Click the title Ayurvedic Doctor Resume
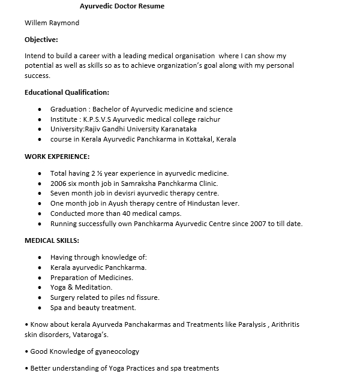coord(122,7)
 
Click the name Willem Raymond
coord(52,23)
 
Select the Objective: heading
coord(41,40)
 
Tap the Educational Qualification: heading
coord(67,92)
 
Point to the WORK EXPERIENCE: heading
coord(57,157)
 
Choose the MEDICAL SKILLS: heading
coord(52,240)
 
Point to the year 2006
coord(58,184)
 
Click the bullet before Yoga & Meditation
coord(39,288)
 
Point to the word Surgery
coord(62,297)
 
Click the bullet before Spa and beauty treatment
coord(39,308)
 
